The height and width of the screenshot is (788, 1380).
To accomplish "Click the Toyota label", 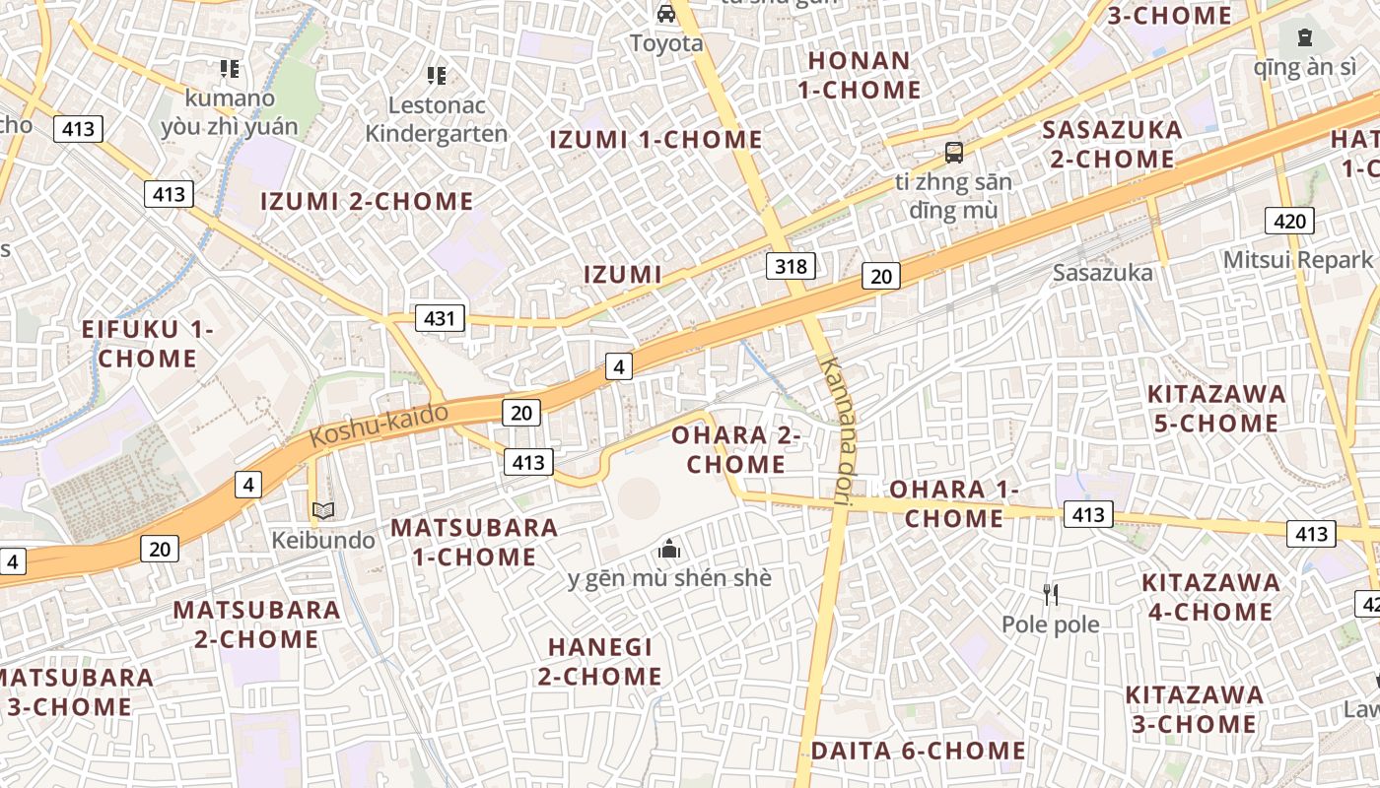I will [666, 43].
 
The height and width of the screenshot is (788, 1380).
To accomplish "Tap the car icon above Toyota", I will [666, 14].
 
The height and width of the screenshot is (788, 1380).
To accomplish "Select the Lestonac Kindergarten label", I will [436, 119].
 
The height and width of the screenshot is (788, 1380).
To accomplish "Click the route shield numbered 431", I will [440, 317].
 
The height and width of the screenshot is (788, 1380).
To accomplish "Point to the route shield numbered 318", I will [791, 265].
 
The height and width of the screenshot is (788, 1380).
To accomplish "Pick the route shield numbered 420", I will [1289, 221].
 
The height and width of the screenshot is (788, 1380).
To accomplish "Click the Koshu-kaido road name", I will [379, 425].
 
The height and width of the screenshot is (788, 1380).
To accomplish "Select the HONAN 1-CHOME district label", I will [859, 75].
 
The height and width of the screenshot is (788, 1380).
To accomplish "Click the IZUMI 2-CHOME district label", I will [367, 202].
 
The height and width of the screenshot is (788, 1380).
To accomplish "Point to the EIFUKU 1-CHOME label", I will [147, 344].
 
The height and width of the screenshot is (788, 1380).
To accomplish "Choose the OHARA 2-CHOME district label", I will [735, 449].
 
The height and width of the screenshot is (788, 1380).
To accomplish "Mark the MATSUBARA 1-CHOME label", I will [474, 542].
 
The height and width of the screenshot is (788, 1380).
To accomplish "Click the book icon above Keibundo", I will [323, 510].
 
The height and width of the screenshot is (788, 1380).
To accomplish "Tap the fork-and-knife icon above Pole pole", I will [1051, 594].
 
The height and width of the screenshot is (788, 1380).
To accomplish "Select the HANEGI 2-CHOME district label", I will [600, 661].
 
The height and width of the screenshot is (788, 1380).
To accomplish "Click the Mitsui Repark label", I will [1297, 260].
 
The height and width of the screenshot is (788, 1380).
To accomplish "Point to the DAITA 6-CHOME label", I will [918, 751].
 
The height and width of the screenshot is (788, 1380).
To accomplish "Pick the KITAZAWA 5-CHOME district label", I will [1216, 409].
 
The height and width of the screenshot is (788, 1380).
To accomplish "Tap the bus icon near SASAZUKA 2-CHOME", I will [954, 152].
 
